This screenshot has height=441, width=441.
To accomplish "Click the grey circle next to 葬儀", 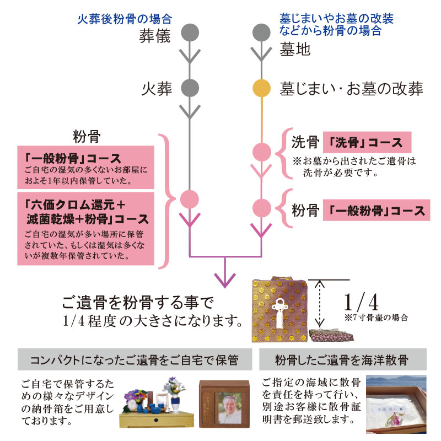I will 190,33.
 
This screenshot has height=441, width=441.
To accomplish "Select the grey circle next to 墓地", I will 261,33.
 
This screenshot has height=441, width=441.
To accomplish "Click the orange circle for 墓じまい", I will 261,88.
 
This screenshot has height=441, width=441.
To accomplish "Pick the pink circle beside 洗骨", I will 261,151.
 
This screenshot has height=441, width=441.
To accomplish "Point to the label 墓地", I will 295,50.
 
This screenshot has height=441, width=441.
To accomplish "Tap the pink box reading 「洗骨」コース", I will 367,143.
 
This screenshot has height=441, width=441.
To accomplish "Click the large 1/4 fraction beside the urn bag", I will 361,303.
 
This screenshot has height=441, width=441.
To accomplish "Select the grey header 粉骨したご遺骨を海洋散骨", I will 341,361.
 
